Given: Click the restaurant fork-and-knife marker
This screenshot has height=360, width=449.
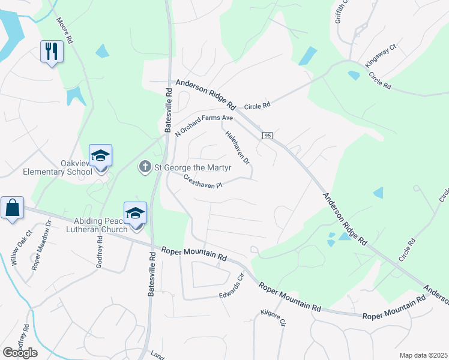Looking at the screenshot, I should point(52,51).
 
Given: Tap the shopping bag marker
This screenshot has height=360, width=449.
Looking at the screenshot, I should point(12,208).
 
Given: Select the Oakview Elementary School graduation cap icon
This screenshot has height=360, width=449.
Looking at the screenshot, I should point(101,156).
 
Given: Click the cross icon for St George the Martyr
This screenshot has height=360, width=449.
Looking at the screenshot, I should point(144,166).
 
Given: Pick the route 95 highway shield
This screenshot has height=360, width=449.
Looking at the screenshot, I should point(268,136).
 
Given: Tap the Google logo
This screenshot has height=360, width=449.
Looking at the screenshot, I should point(20,353).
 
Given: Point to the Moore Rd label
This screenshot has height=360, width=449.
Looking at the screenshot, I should point(65,31).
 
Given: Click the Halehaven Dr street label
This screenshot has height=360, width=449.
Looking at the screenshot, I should point(238,148).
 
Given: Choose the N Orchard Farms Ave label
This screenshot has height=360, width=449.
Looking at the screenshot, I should point(204,124).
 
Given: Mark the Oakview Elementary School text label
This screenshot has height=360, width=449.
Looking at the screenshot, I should point(58,167).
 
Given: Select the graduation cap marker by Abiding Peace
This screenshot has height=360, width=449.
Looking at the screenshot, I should point(136,213).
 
